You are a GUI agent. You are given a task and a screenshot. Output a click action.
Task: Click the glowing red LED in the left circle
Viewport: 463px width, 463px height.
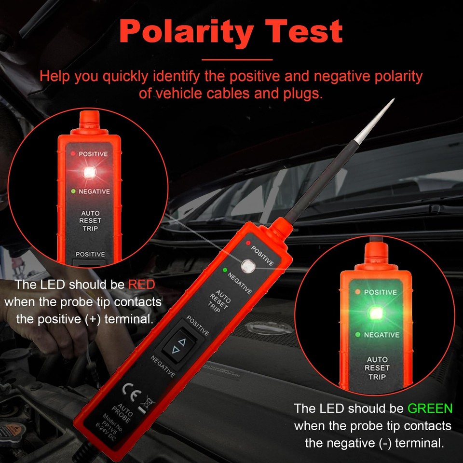tap(88, 172)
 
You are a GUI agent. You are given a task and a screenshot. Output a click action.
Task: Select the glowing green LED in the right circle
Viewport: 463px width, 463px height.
tap(375, 313)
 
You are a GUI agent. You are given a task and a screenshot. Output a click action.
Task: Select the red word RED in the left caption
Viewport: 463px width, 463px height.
tap(141, 285)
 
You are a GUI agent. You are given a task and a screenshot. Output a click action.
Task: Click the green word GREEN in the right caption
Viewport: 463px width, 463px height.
tap(430, 409)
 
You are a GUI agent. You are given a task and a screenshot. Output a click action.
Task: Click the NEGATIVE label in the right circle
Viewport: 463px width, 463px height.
tap(381, 335)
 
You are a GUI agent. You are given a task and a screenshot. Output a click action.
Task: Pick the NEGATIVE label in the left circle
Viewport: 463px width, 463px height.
tap(94, 191)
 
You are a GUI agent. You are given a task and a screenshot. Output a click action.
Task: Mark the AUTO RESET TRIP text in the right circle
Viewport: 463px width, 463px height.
tap(377, 368)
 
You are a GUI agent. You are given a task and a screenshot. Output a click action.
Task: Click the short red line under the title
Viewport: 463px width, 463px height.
tap(236, 60)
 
